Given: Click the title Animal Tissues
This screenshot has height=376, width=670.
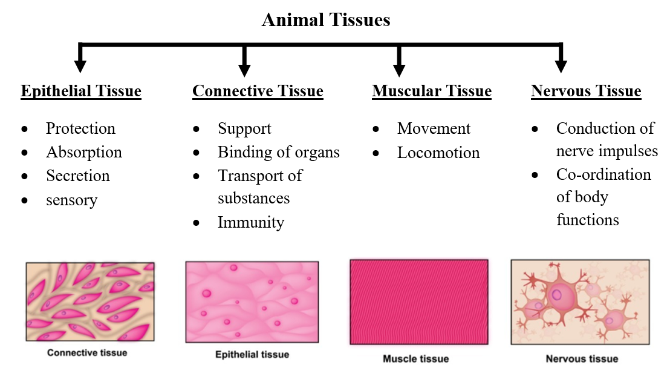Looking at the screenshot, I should click(326, 20).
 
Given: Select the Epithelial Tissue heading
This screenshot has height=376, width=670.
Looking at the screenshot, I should click(81, 91).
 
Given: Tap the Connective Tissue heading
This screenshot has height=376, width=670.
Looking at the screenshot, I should click(258, 91).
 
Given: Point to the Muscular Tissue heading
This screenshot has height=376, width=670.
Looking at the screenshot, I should click(432, 91).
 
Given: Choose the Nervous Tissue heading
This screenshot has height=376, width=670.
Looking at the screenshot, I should click(586, 91).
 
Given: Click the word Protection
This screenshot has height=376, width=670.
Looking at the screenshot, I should click(80, 128).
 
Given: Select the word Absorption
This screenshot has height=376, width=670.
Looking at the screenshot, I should click(84, 152).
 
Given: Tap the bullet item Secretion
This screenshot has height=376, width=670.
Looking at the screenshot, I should click(78, 176).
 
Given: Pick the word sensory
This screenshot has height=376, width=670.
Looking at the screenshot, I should click(71, 199).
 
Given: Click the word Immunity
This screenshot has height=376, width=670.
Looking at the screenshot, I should click(250, 222).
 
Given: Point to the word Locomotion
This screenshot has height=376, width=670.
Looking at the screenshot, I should click(438, 153).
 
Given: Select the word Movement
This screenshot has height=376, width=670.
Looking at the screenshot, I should click(434, 128).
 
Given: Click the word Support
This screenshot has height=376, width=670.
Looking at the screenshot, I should click(244, 128).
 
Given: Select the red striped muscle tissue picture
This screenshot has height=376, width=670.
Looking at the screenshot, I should click(419, 302).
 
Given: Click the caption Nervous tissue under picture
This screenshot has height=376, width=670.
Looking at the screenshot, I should click(582, 359).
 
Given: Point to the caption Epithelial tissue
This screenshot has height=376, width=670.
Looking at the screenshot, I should click(252, 354).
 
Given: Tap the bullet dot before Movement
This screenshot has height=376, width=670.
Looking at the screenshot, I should click(376, 130).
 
